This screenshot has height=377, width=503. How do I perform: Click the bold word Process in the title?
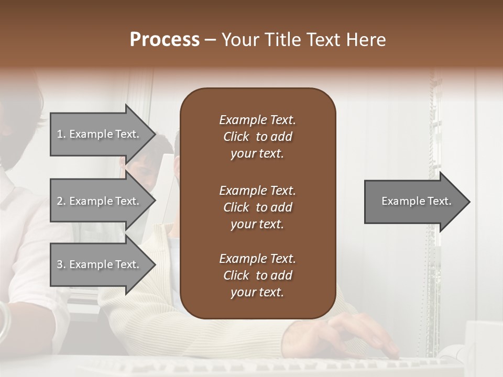165,40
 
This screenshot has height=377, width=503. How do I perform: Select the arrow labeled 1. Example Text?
100,134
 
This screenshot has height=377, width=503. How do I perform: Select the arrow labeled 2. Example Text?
100,201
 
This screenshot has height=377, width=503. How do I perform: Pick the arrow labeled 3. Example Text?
100,264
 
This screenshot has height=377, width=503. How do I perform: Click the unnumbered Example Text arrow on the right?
414,202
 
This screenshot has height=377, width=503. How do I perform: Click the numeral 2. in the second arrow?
61,201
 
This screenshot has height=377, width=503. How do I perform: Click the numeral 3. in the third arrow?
61,264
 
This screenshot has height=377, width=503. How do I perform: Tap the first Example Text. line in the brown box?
257,120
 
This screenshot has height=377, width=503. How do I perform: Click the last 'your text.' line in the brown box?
257,292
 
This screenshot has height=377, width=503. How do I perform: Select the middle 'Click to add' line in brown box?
257,207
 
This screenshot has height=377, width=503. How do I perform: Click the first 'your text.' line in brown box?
257,153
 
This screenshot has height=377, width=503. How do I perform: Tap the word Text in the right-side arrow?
439,201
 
